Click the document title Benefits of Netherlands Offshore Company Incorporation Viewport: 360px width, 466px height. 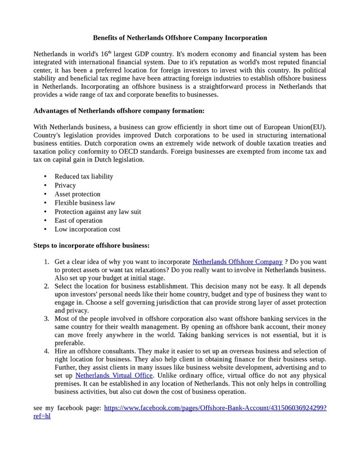(x=180, y=38)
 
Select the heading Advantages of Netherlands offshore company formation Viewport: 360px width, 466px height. (x=119, y=111)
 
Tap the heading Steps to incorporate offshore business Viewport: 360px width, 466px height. (x=92, y=245)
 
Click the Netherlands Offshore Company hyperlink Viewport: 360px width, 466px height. (x=237, y=262)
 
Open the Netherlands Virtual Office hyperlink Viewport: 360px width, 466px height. (x=114, y=375)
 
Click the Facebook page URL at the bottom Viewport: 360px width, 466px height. (x=215, y=407)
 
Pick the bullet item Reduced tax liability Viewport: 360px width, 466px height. (x=84, y=177)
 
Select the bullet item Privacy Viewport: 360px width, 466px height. (x=65, y=185)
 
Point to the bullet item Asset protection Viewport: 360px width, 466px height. (x=78, y=194)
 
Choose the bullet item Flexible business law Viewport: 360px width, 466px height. (x=85, y=203)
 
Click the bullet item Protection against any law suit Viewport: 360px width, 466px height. (x=98, y=212)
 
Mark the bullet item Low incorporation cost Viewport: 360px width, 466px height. (x=87, y=229)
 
